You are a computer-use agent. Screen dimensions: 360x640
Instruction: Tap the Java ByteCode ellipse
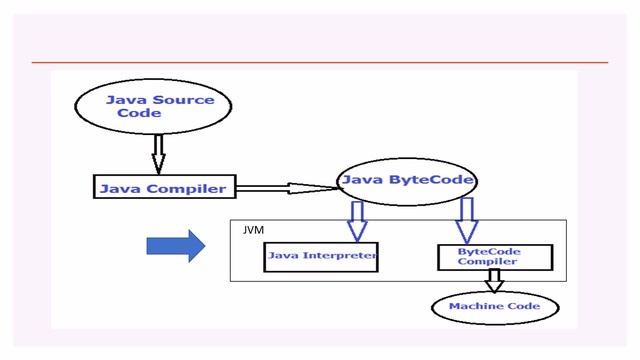pos(405,181)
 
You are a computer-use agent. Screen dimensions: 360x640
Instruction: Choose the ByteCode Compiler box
pos(494,256)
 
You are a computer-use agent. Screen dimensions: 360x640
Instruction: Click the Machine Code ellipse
pos(494,306)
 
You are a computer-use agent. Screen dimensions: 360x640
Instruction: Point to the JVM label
pos(252,230)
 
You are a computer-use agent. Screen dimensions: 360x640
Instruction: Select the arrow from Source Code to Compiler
pos(157,155)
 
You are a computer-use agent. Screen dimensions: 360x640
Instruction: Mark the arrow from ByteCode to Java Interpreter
pos(357,218)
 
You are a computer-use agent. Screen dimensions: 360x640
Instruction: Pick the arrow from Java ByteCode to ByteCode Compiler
pos(466,219)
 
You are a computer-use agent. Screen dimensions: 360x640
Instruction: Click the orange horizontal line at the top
pos(320,62)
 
